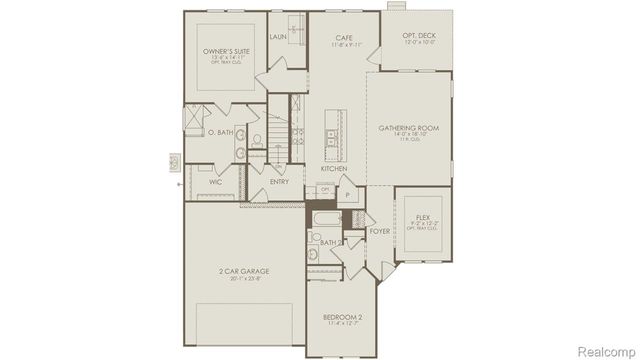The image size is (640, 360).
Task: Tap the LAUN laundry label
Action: pyautogui.click(x=278, y=36)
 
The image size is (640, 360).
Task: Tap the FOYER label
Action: pyautogui.click(x=379, y=231)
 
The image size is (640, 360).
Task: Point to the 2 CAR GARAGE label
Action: pyautogui.click(x=243, y=271)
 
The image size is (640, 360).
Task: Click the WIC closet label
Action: pyautogui.click(x=215, y=183)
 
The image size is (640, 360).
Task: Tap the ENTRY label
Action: pyautogui.click(x=280, y=182)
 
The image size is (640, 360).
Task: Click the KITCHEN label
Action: pyautogui.click(x=334, y=169)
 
